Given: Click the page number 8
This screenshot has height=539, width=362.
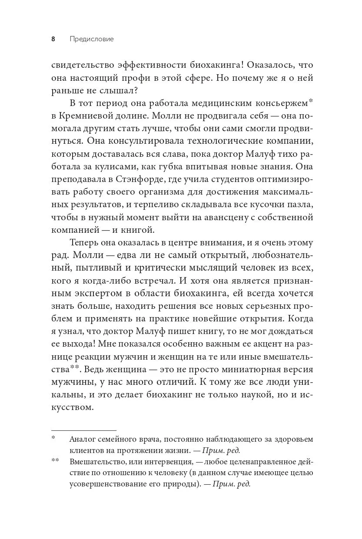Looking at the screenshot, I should tap(53, 39).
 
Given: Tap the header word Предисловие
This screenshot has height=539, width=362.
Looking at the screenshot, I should tap(92, 39).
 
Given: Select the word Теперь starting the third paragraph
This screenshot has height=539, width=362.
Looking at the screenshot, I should tap(87, 243).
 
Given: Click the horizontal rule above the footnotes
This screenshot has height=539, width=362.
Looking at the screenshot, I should tap(84, 429).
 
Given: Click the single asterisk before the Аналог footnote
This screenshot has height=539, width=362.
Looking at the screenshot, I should tap(53, 438).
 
